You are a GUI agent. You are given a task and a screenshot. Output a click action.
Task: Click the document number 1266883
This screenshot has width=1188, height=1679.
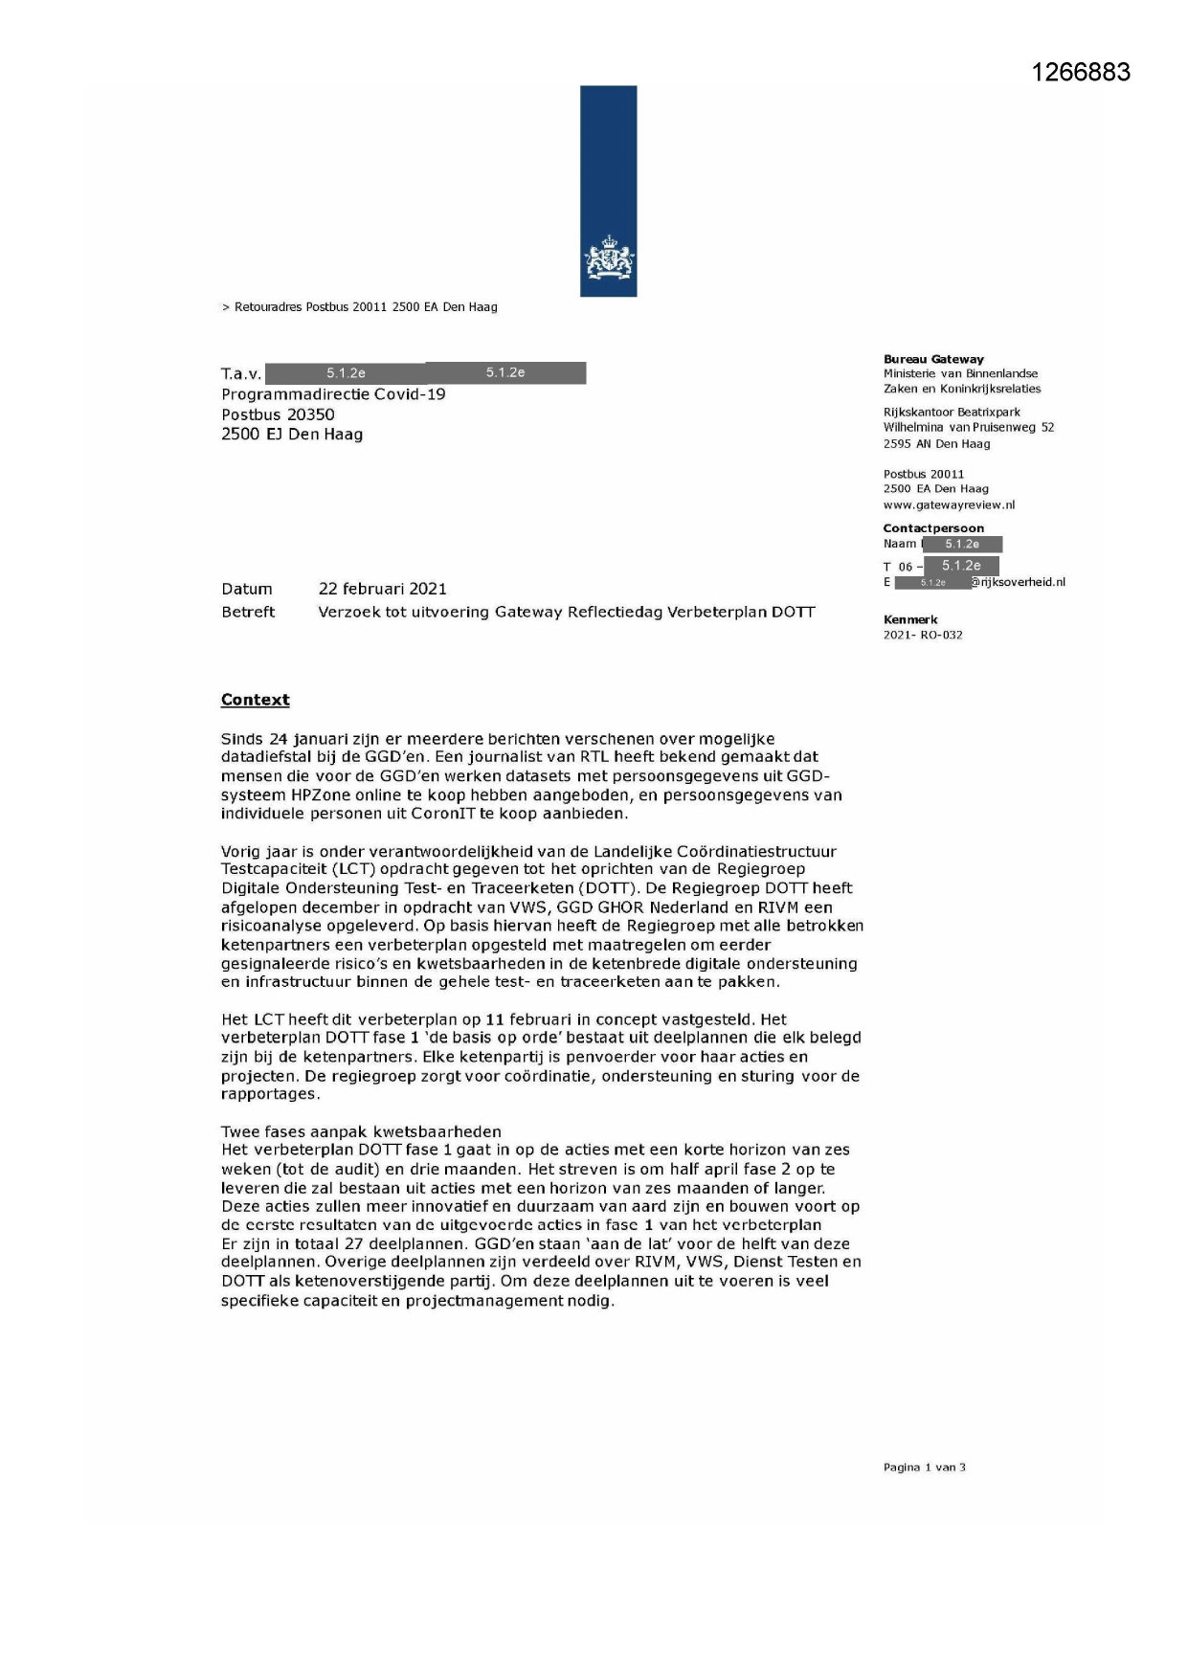pos(1081,73)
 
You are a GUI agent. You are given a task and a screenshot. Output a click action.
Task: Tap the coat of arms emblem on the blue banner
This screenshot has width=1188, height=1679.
pos(609,260)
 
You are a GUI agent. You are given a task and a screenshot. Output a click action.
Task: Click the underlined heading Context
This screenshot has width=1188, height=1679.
pos(255,700)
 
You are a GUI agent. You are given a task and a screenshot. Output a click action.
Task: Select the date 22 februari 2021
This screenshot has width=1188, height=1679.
pos(382,589)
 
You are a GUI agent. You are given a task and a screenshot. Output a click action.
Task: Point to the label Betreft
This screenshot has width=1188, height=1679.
pos(248,612)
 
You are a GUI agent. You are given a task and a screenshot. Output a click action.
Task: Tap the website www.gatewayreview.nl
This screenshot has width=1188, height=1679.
pos(949,504)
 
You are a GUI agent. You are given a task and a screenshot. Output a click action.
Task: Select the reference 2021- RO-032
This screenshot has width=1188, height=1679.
pos(922,635)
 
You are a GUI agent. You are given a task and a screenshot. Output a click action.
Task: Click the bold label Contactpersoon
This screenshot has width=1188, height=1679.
pos(932,528)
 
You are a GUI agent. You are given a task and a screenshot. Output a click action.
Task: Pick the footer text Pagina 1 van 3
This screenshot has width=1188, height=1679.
pos(924,1467)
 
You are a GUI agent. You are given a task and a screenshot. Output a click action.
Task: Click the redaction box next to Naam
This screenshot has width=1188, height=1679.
pos(961,544)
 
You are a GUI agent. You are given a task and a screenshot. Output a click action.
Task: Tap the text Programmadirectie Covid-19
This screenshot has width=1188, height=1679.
pos(333,394)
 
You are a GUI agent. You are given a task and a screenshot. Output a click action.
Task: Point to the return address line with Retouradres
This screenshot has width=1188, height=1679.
pos(360,307)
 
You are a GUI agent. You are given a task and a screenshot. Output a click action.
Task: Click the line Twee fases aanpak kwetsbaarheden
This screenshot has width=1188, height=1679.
pos(361,1131)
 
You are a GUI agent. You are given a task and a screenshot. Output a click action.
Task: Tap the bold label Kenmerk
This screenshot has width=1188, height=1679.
pos(909,619)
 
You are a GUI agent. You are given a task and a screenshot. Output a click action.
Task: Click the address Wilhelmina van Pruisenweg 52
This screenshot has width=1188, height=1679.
pos(968,427)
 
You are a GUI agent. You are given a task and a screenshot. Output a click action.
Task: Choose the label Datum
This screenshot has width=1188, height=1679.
pos(247,589)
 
